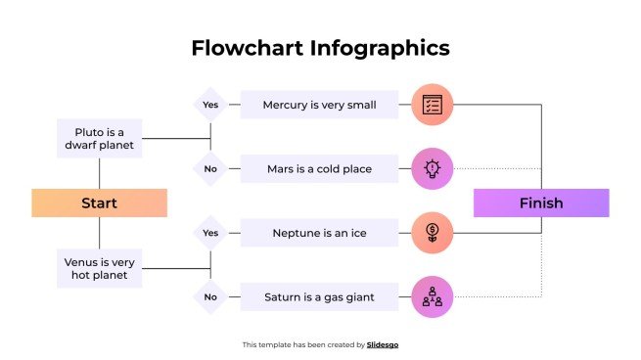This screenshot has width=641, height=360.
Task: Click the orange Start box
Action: [x=99, y=202]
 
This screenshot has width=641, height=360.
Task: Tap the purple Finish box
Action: [x=541, y=202]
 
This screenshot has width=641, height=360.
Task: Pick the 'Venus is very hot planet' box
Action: [x=99, y=268]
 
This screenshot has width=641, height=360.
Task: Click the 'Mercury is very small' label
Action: [x=319, y=105]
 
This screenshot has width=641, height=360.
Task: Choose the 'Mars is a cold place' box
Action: [x=319, y=169]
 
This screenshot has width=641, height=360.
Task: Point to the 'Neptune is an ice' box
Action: [x=319, y=233]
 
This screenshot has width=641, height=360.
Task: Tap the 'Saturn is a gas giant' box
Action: [x=319, y=296]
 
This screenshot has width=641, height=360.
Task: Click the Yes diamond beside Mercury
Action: [x=210, y=105]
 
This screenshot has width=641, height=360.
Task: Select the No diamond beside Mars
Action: [x=210, y=169]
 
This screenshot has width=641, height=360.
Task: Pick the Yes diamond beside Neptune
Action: [x=210, y=233]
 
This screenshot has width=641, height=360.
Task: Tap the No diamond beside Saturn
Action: [x=210, y=296]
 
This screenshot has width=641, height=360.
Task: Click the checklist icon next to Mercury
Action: [x=432, y=105]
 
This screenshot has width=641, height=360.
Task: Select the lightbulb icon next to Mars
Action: [x=432, y=169]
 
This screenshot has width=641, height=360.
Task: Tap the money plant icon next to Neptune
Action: [x=432, y=233]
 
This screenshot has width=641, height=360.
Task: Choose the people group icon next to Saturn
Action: [x=432, y=297]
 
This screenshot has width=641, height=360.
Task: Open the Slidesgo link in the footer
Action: [x=383, y=344]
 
